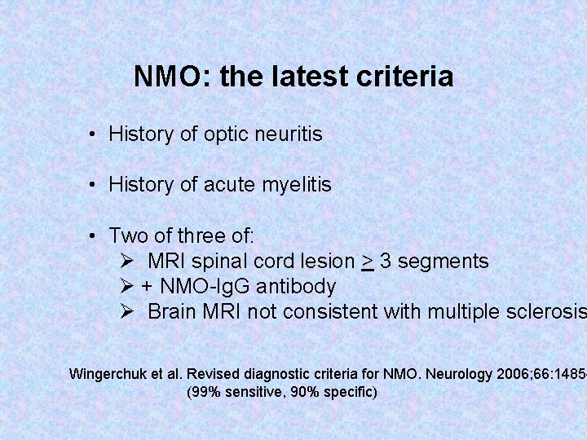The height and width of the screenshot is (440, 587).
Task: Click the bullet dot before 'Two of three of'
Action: tap(95, 236)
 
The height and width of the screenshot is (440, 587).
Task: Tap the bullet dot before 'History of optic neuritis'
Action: tap(95, 134)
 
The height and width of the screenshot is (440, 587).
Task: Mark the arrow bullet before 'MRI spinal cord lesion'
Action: tap(126, 262)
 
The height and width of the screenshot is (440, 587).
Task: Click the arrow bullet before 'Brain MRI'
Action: tap(126, 312)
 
